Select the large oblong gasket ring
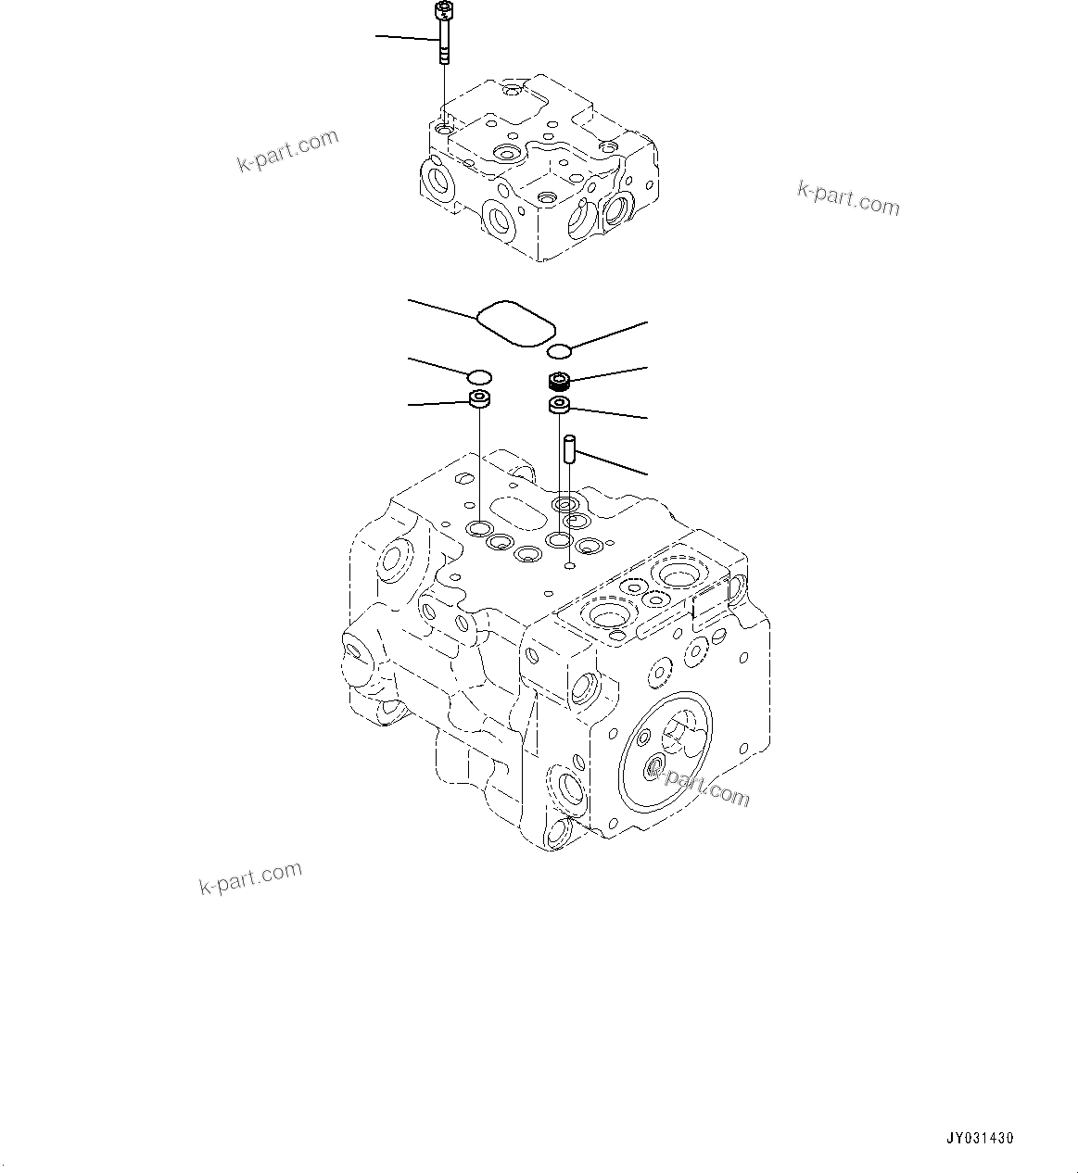pyautogui.click(x=515, y=322)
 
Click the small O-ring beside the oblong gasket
pyautogui.click(x=559, y=350)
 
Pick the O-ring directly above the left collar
pyautogui.click(x=478, y=376)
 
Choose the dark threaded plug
pyautogui.click(x=560, y=380)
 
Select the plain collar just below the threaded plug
pyautogui.click(x=560, y=404)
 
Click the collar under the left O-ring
pyautogui.click(x=478, y=400)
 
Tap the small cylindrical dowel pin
pyautogui.click(x=569, y=449)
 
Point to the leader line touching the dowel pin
pyautogui.click(x=612, y=463)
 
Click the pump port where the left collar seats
pyautogui.click(x=479, y=529)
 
